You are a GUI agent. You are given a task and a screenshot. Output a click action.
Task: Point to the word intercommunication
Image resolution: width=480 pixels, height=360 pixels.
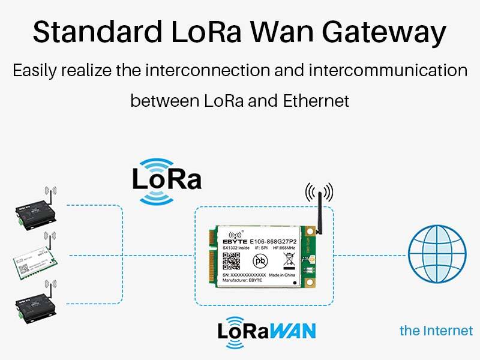[x=388, y=70]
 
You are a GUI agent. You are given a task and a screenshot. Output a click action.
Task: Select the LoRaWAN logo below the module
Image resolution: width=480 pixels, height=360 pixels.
[x=266, y=330]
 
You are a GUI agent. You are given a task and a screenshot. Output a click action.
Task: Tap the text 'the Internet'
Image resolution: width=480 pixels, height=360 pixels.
[x=436, y=331]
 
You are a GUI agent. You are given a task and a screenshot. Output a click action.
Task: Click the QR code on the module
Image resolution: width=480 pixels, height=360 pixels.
[x=232, y=261]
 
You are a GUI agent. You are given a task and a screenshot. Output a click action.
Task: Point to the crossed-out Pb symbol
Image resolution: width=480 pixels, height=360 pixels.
[x=260, y=260]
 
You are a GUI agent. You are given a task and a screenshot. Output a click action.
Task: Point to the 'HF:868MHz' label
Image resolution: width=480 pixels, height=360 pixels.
[x=284, y=247]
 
